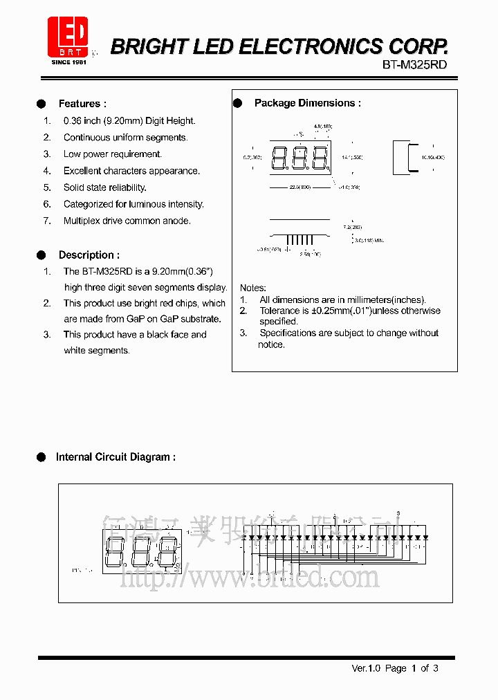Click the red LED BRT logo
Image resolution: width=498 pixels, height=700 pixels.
[68, 37]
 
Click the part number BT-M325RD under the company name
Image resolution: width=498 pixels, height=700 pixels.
[414, 64]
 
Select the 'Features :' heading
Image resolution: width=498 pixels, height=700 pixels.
[82, 104]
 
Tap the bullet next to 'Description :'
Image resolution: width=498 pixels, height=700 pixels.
[41, 255]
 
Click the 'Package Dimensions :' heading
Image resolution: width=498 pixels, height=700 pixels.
[307, 103]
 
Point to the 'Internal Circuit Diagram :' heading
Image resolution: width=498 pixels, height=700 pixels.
[116, 457]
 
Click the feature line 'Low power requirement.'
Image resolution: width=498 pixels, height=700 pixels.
[113, 154]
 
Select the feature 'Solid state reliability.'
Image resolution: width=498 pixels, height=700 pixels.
[105, 187]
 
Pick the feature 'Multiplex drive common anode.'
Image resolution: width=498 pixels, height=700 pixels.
[127, 221]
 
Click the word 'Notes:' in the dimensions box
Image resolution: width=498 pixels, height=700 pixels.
[253, 288]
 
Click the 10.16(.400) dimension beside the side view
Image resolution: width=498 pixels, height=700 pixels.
[433, 158]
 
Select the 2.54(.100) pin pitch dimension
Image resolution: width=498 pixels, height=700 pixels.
[310, 255]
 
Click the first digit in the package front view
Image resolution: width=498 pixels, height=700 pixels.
[279, 158]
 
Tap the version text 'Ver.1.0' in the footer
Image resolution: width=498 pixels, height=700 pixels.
[367, 668]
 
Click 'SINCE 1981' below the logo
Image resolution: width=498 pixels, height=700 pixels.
[68, 62]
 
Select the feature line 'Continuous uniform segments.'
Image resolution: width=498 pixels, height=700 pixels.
[125, 138]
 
